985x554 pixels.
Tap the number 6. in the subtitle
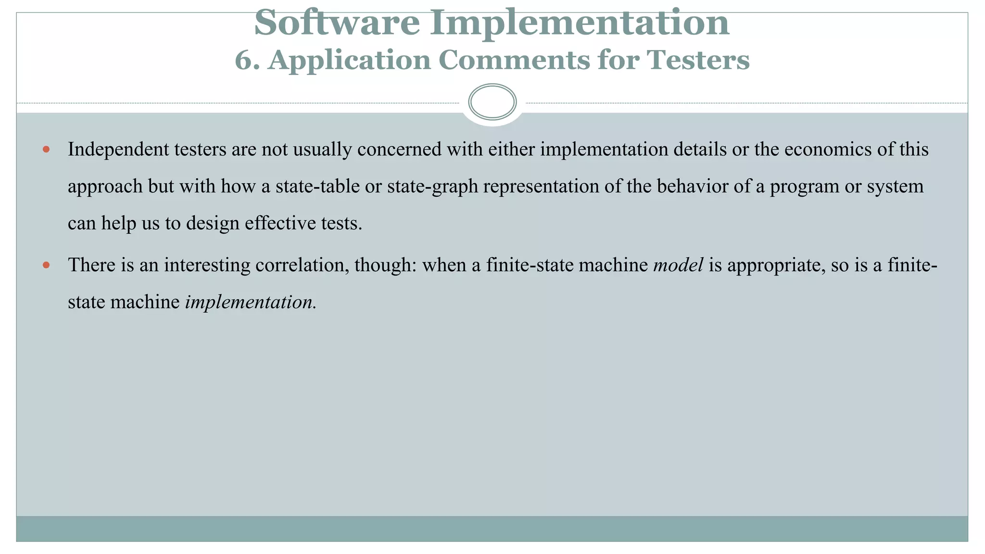[x=247, y=61]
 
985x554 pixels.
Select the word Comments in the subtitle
[x=514, y=61]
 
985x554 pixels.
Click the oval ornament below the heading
[x=492, y=102]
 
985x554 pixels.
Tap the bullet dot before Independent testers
[x=46, y=150]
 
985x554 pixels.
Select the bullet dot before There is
[x=46, y=265]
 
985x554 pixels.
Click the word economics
[x=827, y=150]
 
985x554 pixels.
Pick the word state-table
[x=317, y=187]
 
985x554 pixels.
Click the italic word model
[x=678, y=265]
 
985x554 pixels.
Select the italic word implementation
[x=249, y=302]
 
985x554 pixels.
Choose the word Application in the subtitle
[x=349, y=61]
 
